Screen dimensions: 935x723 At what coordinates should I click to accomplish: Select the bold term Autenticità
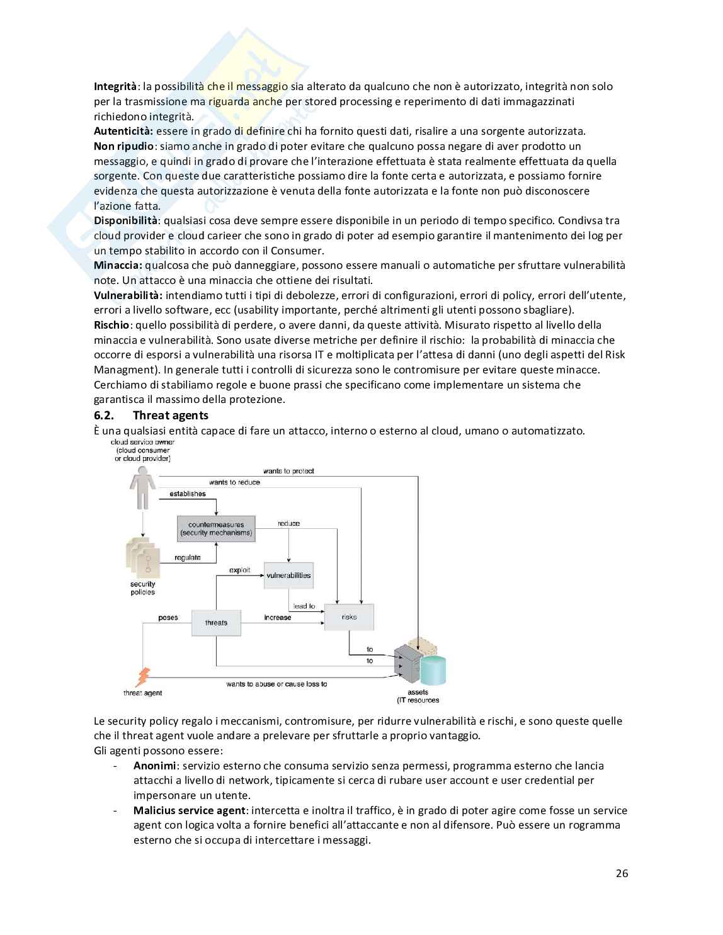123,131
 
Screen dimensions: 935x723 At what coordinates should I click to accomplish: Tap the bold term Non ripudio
123,146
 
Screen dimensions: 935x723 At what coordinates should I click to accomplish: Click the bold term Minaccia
118,265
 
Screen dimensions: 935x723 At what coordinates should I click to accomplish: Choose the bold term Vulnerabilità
128,295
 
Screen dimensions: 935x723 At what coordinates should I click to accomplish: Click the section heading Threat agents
171,415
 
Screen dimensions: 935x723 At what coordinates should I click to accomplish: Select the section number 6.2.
103,415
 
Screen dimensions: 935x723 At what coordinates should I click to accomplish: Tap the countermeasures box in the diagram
216,528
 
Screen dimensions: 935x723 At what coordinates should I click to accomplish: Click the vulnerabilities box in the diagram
288,575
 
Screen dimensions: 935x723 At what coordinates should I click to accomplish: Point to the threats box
216,623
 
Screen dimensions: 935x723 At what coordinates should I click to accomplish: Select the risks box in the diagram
349,617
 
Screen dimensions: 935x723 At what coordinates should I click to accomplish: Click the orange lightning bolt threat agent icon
143,677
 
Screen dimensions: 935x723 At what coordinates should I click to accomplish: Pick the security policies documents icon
142,557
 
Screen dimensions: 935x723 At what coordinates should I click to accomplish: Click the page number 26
622,873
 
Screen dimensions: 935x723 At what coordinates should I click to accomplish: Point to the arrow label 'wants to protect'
288,471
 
